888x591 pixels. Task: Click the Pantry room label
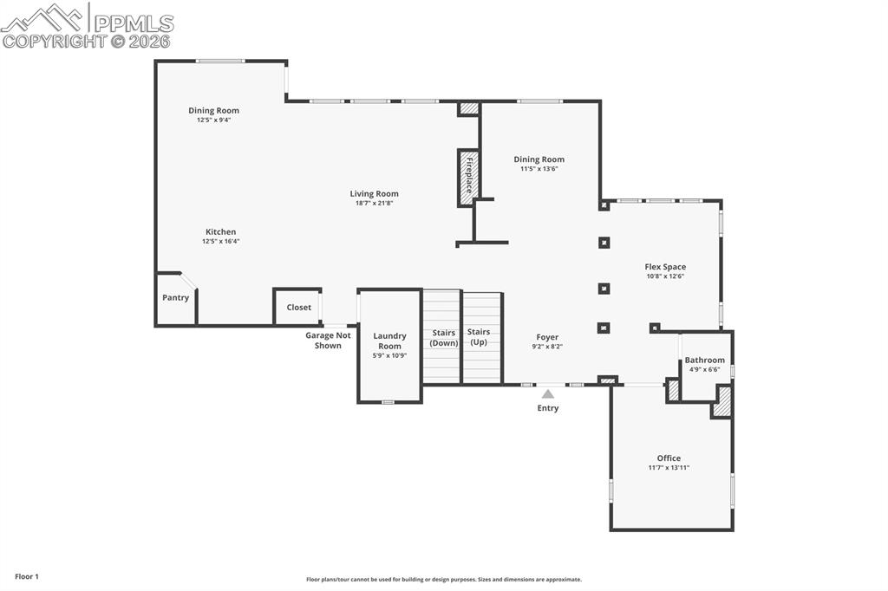(x=175, y=297)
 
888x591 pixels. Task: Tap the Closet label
(x=298, y=308)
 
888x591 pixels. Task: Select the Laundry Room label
(x=389, y=341)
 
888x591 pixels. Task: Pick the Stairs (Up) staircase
(x=482, y=338)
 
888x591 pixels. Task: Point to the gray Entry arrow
(x=548, y=394)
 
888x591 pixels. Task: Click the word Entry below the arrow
(x=548, y=407)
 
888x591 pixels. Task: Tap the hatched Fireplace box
(x=468, y=177)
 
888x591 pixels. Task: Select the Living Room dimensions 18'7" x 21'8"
(x=374, y=204)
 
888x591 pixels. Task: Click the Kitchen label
(x=221, y=231)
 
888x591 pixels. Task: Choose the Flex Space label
(x=665, y=267)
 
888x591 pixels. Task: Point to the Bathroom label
(x=704, y=360)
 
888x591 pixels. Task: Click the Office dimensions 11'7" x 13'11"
(x=669, y=468)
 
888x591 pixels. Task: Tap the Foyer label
(x=547, y=337)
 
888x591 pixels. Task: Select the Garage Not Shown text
(x=328, y=341)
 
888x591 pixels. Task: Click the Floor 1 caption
(x=27, y=577)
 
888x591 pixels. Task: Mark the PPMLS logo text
(x=134, y=23)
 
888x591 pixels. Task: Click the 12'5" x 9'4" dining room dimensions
(x=213, y=120)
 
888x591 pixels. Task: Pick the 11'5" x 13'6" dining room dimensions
(x=539, y=169)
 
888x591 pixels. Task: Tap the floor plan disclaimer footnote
(x=444, y=580)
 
